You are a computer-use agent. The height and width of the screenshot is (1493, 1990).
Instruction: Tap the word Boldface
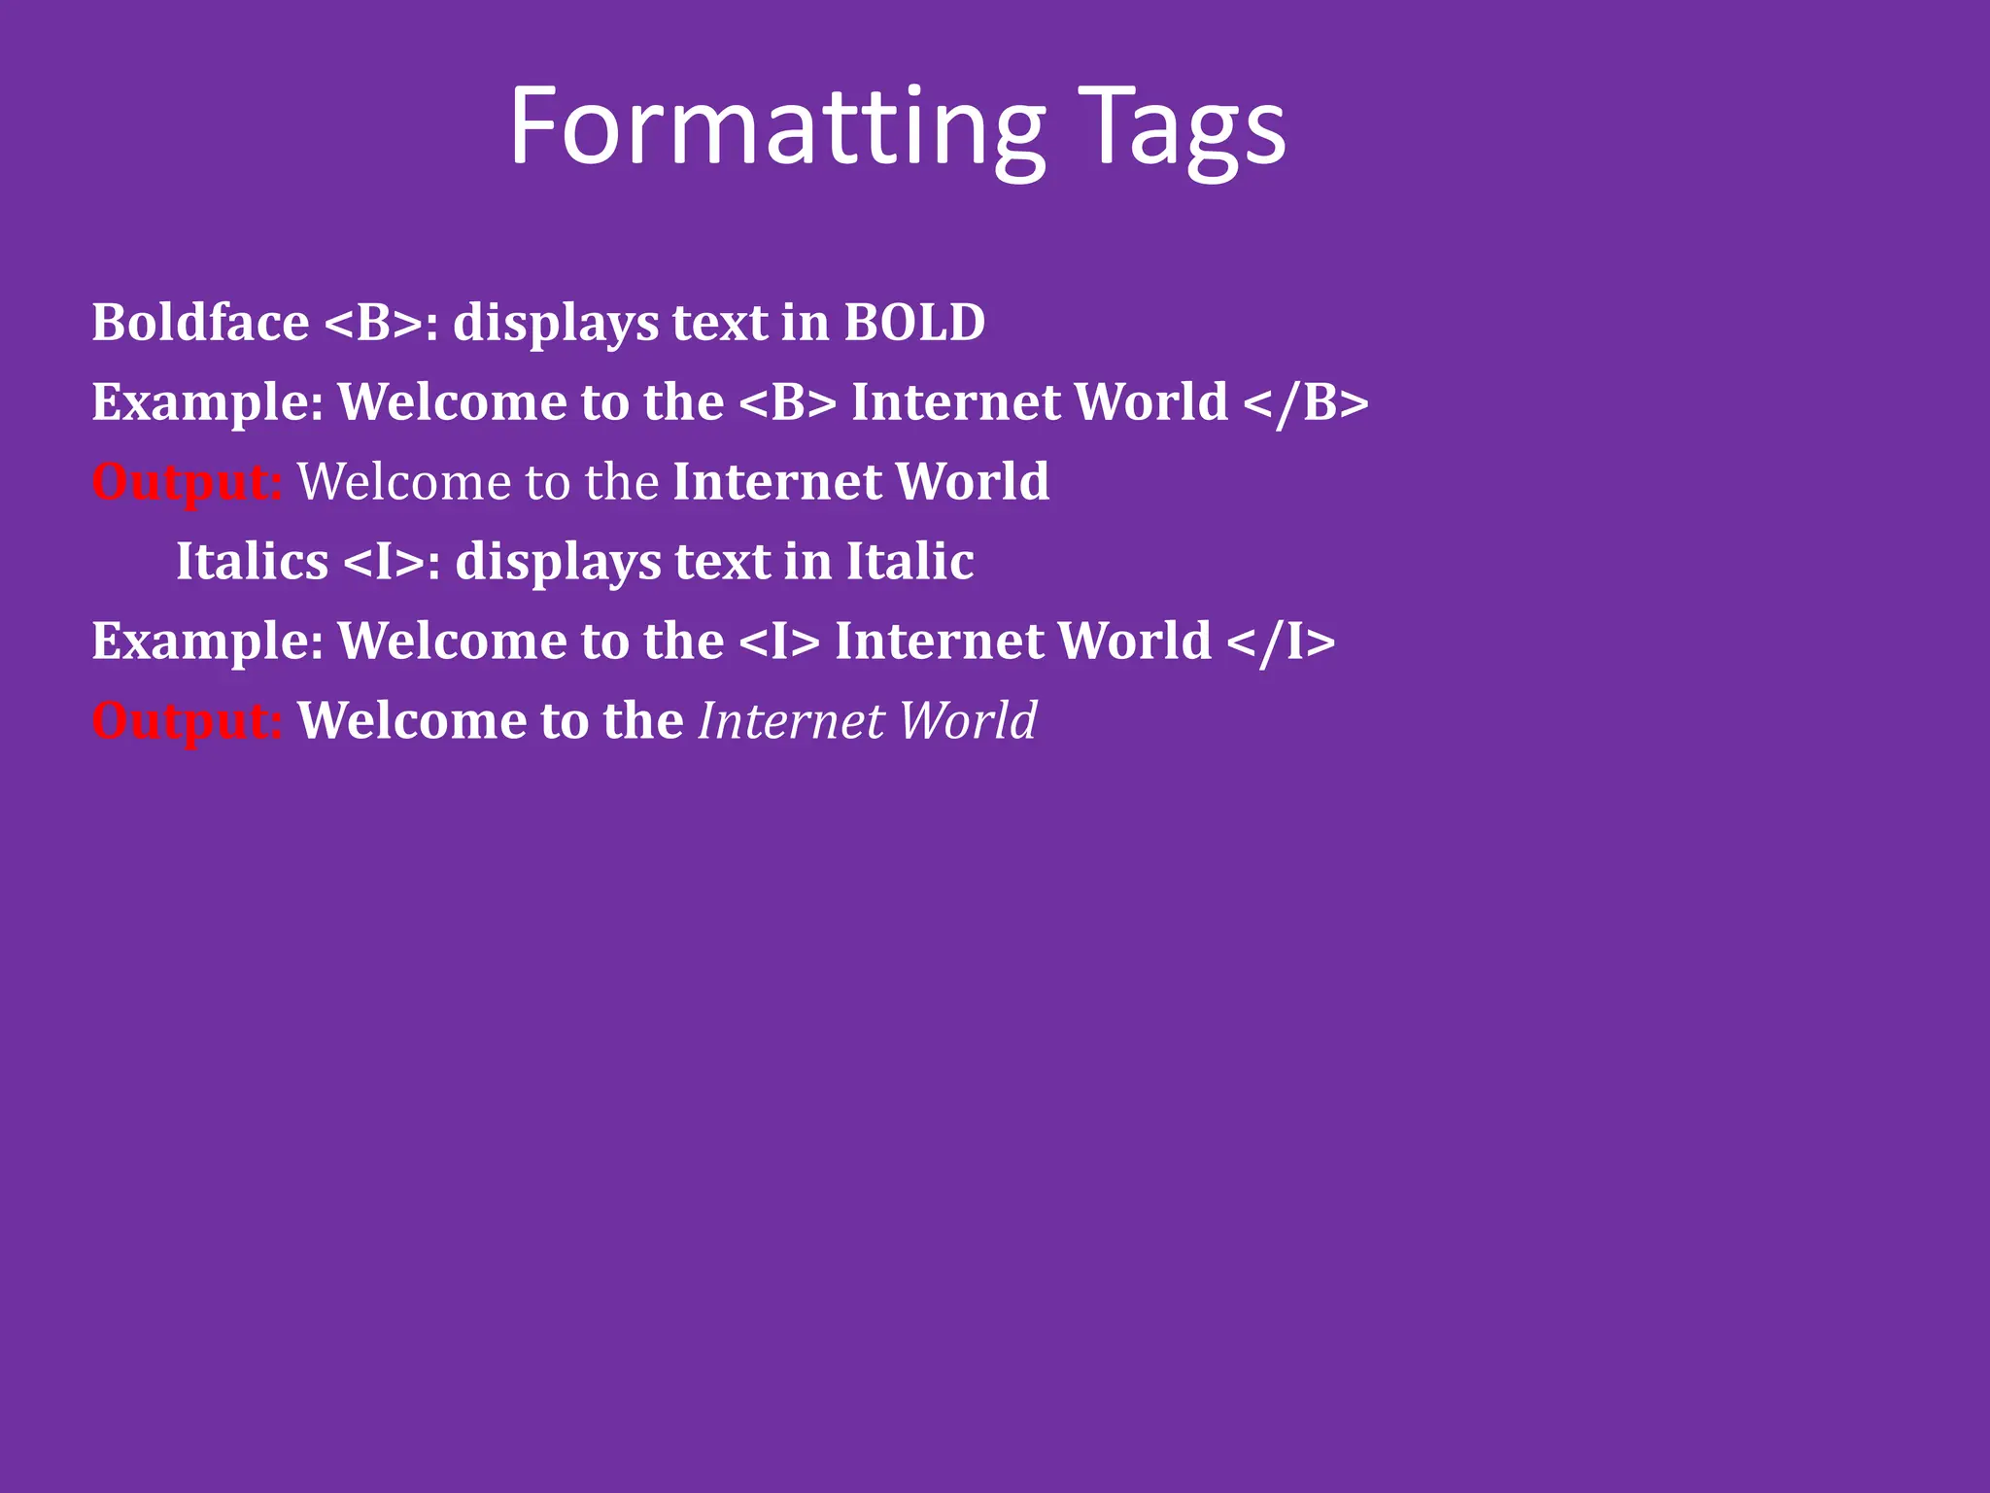click(200, 323)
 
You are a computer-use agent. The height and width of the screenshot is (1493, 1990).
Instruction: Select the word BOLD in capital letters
click(914, 323)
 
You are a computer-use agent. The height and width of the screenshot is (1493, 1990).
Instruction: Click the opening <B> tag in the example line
click(787, 402)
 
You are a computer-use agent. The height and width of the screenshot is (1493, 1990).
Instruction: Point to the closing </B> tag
click(1305, 402)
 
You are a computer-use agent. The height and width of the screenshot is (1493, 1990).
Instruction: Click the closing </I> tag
click(1281, 642)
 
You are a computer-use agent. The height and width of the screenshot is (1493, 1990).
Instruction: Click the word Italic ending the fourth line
click(909, 562)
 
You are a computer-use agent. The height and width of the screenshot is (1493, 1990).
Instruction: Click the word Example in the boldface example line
click(207, 402)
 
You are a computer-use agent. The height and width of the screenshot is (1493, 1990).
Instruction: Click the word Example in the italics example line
click(207, 642)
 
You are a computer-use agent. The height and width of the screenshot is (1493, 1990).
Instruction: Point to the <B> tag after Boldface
click(373, 323)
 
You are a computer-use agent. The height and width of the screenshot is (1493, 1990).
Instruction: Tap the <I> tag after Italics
click(385, 562)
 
